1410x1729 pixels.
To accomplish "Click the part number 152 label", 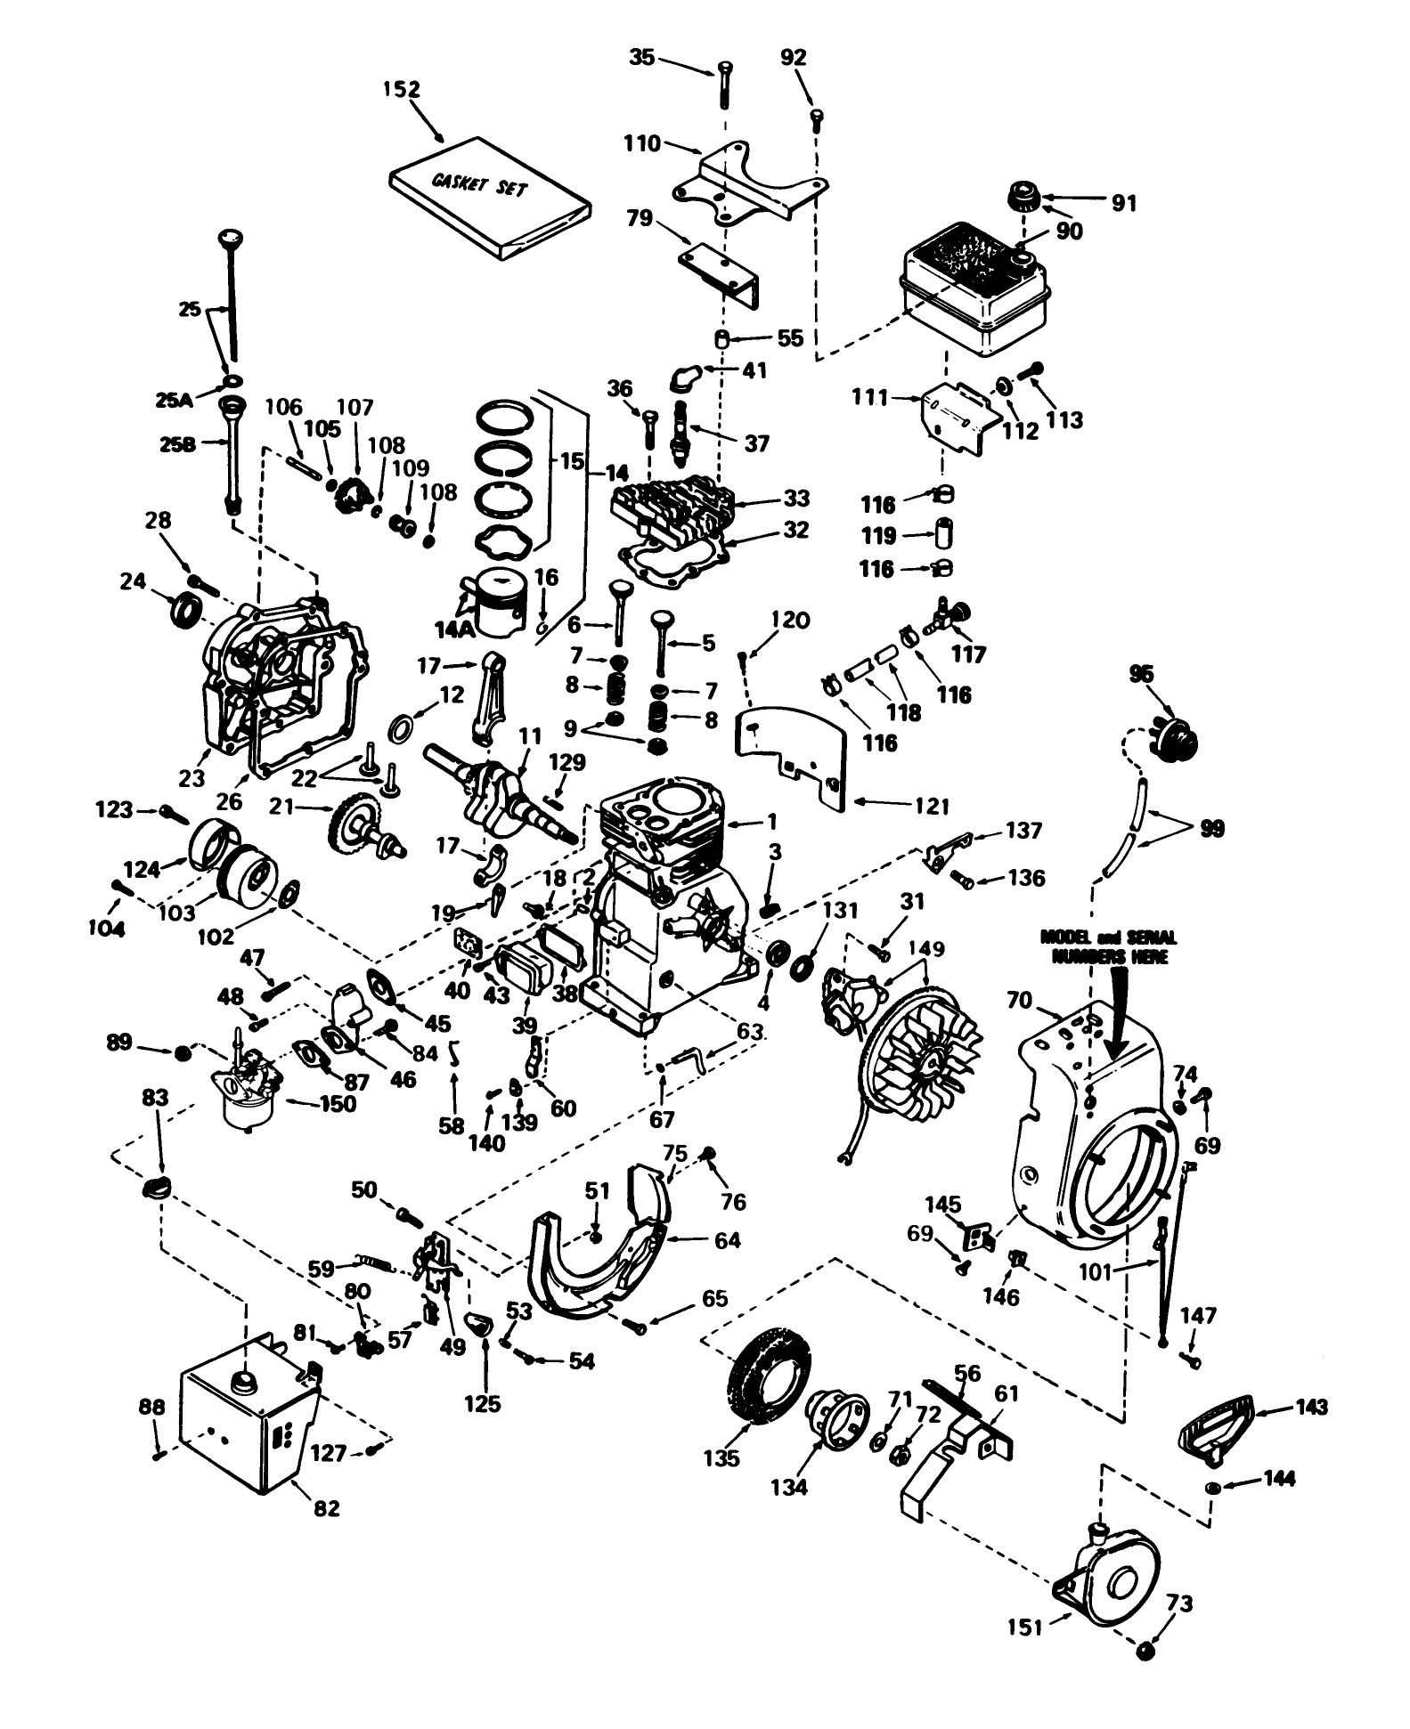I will click(x=402, y=90).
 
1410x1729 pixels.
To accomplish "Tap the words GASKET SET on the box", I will click(x=479, y=185).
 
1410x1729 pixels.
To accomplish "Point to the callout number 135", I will click(x=721, y=1458).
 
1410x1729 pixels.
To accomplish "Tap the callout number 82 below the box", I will click(x=328, y=1509).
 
